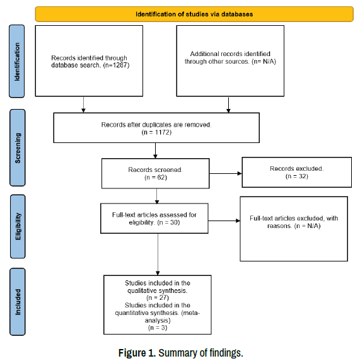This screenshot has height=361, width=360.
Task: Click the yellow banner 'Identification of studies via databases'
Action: click(194, 14)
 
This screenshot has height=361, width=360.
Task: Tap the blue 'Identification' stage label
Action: click(17, 61)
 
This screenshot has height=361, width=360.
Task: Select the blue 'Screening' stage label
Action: click(18, 148)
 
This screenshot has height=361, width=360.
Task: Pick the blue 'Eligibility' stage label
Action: click(18, 227)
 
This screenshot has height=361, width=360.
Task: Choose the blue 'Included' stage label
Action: click(18, 302)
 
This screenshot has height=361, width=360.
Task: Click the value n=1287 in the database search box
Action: click(116, 65)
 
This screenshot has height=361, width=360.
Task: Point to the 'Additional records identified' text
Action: click(230, 54)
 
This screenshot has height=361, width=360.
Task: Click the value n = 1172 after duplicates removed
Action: click(156, 132)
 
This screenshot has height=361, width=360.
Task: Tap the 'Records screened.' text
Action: click(155, 170)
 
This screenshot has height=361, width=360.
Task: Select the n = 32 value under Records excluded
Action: click(297, 176)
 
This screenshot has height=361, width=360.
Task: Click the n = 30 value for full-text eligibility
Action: click(168, 222)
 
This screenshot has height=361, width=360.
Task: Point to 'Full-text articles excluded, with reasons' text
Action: click(294, 222)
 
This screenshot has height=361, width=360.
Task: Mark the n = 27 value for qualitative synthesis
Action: click(158, 298)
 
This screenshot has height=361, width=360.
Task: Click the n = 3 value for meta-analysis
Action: click(158, 328)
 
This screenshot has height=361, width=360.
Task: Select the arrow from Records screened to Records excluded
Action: click(226, 173)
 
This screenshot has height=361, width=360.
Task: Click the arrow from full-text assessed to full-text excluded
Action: click(224, 221)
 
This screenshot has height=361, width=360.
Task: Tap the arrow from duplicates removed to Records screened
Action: click(155, 151)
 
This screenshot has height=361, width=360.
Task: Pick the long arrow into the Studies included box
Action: click(158, 255)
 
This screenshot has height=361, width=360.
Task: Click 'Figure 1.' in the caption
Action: click(137, 353)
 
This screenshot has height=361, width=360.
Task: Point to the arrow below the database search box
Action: click(83, 105)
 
